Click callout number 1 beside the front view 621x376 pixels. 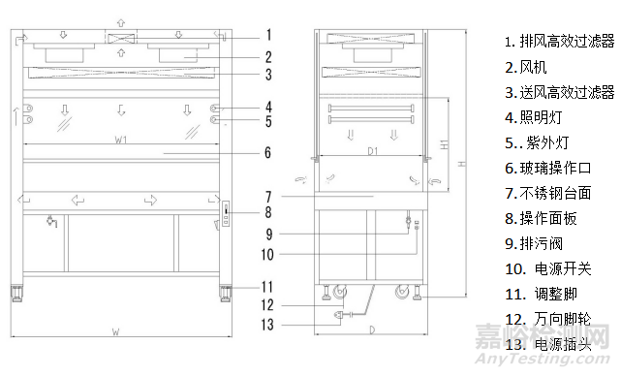click(x=269, y=35)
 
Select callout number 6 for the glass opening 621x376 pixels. click(x=268, y=152)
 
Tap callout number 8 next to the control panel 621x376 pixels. click(x=268, y=212)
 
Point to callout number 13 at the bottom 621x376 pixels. click(x=267, y=325)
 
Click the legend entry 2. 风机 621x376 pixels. click(x=525, y=67)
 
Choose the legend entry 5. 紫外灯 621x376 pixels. click(x=537, y=142)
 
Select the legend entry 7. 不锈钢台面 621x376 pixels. click(x=548, y=193)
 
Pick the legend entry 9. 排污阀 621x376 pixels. click(x=534, y=243)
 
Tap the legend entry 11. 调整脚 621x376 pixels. click(x=541, y=294)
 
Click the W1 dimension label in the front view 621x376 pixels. click(x=121, y=140)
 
